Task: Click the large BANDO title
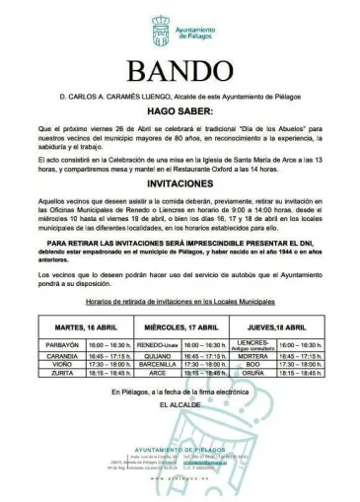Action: pyautogui.click(x=180, y=71)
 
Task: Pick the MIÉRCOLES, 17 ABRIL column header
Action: pyautogui.click(x=179, y=325)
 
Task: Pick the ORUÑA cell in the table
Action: pyautogui.click(x=254, y=374)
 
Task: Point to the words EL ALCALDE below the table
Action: pyautogui.click(x=179, y=404)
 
